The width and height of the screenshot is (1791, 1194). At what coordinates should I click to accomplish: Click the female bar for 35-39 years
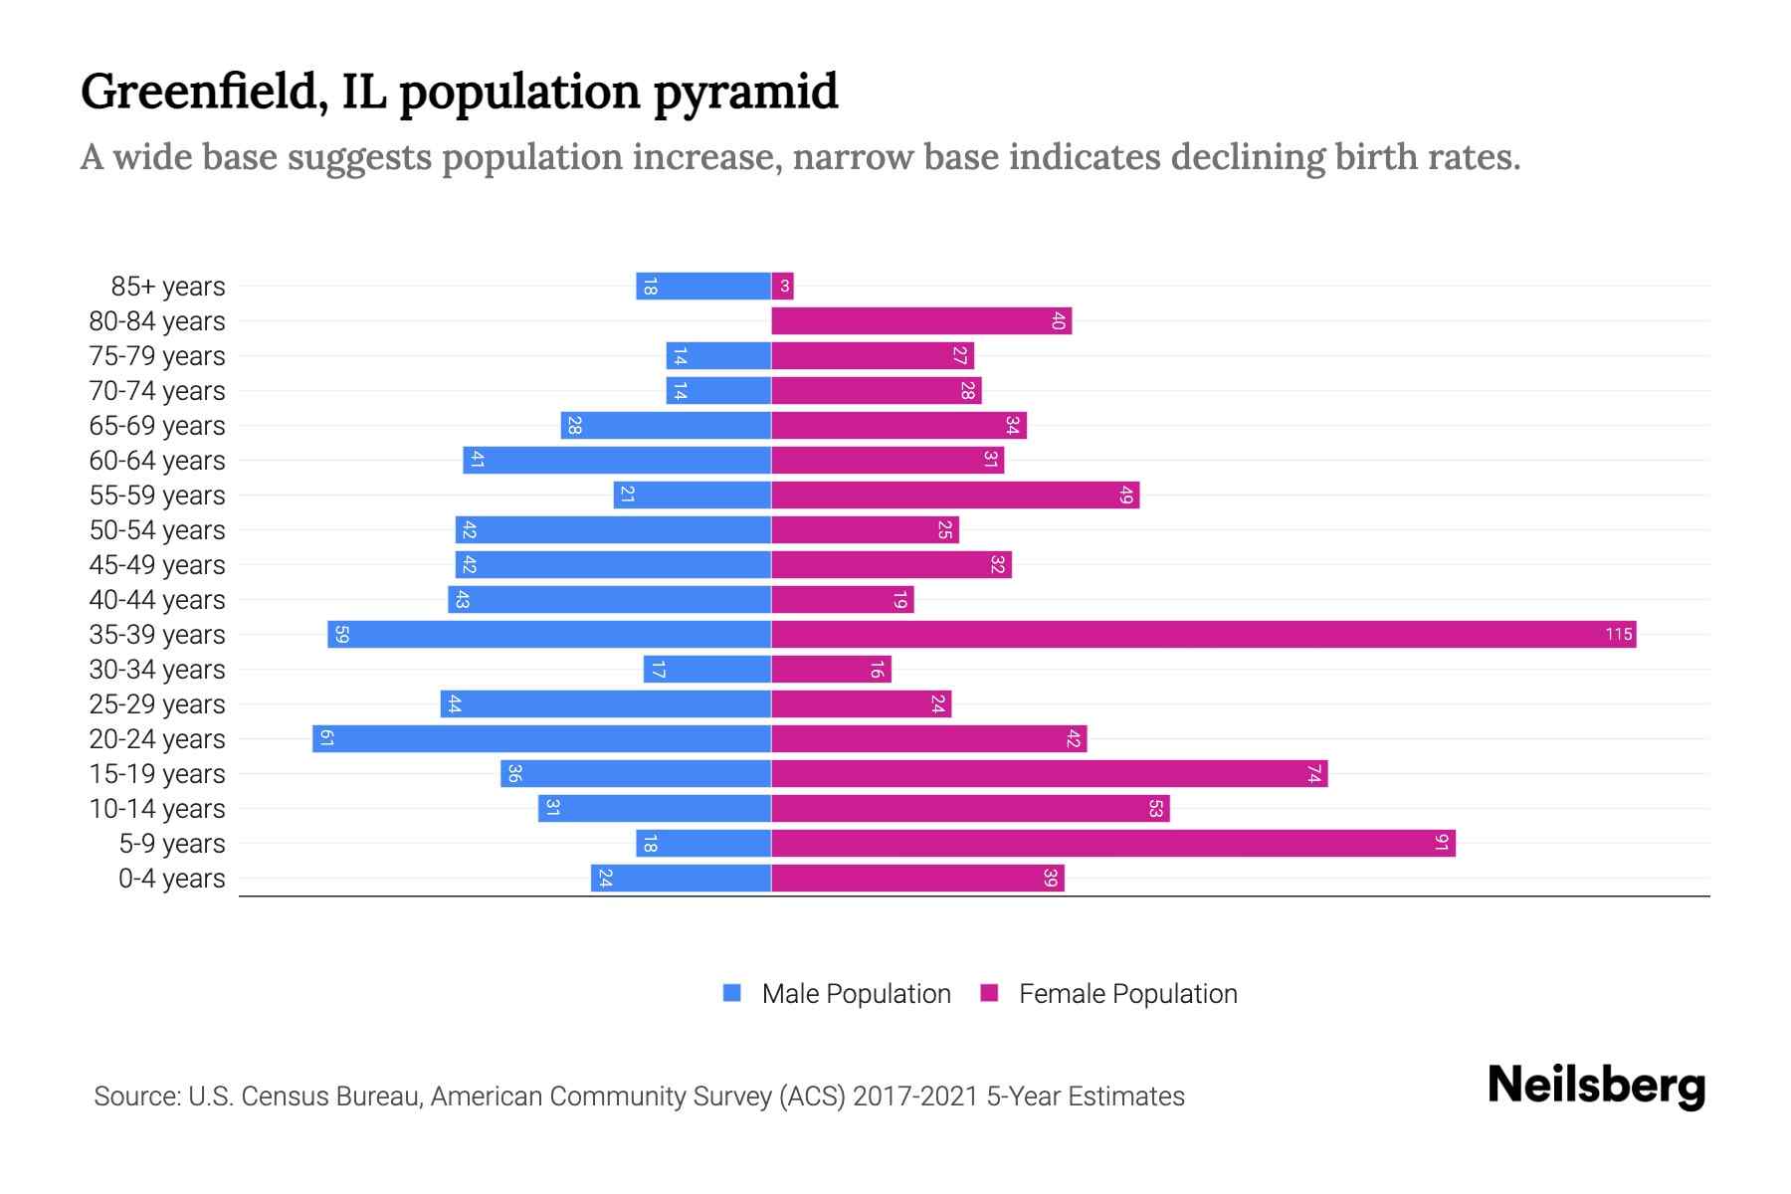pos(1203,635)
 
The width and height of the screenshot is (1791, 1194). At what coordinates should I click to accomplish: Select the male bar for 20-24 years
pos(542,739)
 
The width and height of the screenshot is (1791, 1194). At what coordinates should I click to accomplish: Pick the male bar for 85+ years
pos(703,287)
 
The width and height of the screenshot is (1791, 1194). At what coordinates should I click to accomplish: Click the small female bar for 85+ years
pos(782,287)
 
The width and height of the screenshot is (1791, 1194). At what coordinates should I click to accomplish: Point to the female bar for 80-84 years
pos(920,321)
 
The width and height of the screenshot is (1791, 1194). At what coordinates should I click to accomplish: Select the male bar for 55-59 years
pos(693,496)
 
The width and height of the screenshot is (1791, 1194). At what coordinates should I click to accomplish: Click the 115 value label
pos(1618,635)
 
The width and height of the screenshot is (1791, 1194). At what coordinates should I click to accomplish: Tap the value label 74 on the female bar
pos(1313,774)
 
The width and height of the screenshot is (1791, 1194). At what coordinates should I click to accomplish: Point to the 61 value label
pos(326,739)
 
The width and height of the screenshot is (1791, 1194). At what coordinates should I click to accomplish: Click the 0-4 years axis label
pos(171,879)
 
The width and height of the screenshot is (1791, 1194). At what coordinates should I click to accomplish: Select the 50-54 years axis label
pos(157,530)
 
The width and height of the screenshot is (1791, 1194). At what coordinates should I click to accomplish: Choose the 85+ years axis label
pos(168,287)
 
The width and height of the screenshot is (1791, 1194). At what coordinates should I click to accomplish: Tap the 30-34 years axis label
pos(157,670)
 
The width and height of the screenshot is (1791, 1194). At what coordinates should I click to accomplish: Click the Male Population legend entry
pos(855,994)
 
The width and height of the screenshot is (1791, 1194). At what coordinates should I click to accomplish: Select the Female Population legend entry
pos(1127,994)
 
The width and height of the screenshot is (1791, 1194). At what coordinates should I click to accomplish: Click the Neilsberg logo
pos(1596,1086)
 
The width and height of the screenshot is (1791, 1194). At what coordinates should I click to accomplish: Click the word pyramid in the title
pos(745,93)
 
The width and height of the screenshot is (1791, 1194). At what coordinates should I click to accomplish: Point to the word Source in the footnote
pos(135,1096)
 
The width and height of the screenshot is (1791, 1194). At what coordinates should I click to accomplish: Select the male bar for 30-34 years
pos(707,670)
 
